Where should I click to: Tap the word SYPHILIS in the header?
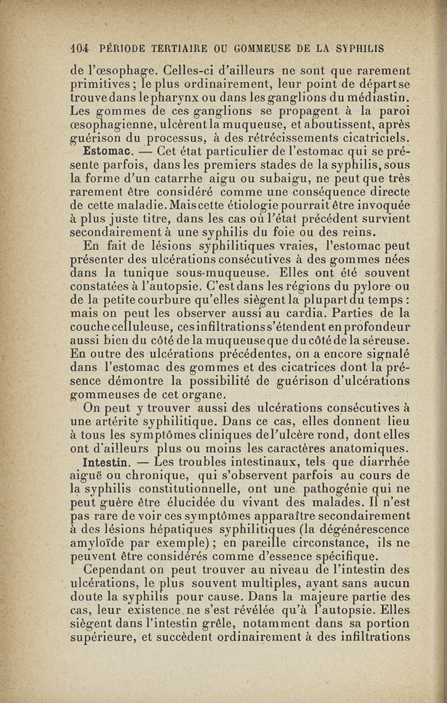click(x=361, y=49)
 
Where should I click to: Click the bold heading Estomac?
click(x=107, y=151)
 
